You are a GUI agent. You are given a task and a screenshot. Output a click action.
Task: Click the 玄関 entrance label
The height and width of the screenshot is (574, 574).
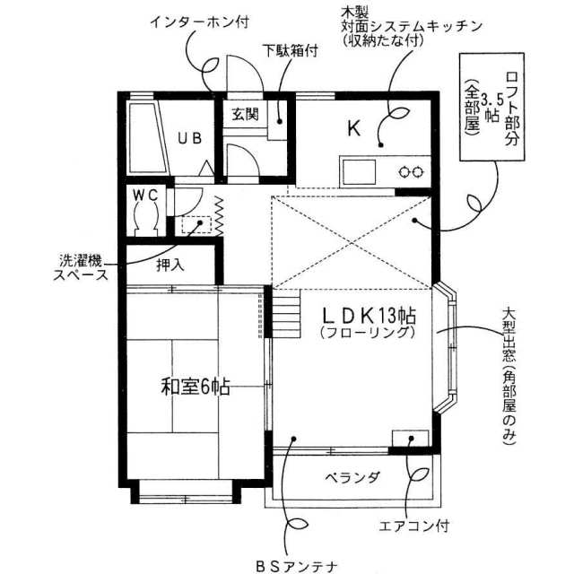click(x=245, y=115)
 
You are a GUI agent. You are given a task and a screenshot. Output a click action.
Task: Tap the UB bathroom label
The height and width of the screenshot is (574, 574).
click(x=189, y=138)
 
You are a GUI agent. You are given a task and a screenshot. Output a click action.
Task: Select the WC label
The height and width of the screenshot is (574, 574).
click(x=145, y=196)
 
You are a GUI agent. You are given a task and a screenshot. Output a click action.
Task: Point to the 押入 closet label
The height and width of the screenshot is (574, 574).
click(x=170, y=265)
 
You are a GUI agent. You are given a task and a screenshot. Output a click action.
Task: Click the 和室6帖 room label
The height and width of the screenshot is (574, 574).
click(x=196, y=387)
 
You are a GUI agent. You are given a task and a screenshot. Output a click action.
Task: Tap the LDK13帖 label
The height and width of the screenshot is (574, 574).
click(x=369, y=316)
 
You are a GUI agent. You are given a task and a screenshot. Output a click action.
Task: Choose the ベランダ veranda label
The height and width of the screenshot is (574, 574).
click(x=352, y=477)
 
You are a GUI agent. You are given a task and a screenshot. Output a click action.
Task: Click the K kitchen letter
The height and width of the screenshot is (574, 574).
click(x=354, y=127)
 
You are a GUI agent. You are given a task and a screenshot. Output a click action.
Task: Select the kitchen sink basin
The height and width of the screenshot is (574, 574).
click(x=359, y=171)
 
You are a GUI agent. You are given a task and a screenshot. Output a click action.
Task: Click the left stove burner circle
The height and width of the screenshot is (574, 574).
click(x=404, y=171)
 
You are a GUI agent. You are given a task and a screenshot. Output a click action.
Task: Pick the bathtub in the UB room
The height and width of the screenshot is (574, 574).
click(x=148, y=138)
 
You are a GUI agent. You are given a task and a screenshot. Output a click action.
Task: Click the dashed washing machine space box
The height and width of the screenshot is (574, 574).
click(x=196, y=225)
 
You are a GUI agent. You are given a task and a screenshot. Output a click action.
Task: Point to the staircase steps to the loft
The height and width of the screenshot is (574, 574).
click(x=285, y=313)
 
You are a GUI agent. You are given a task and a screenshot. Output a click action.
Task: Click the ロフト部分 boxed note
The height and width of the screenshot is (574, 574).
click(x=492, y=107)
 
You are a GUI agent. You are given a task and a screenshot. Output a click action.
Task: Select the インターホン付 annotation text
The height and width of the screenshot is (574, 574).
click(x=200, y=22)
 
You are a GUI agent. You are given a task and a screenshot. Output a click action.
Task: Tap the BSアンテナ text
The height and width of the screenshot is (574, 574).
click(x=296, y=567)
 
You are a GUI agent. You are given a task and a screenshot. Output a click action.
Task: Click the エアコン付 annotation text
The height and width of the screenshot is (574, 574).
click(x=413, y=526)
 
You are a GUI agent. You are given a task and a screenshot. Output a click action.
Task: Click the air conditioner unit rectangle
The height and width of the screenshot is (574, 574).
click(x=410, y=439)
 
